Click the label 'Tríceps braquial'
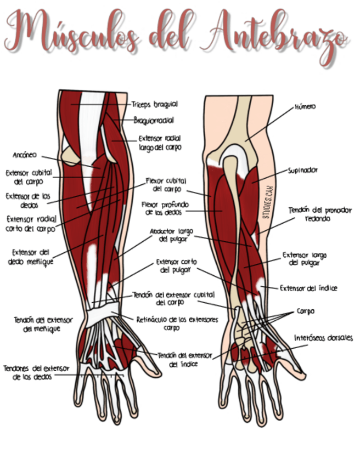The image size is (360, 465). coord(155,104)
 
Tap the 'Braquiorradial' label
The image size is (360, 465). coord(154,121)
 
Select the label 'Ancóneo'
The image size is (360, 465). coord(25,155)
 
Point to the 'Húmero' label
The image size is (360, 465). coord(305,107)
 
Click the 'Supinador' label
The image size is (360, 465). coord(303,171)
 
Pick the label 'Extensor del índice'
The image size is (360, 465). coord(308,288)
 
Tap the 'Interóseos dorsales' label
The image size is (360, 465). coord(323,338)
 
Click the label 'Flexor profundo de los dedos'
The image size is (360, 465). coord(165,208)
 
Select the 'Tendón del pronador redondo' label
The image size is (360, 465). coord(320,214)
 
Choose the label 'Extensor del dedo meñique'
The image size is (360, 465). coord(30,257)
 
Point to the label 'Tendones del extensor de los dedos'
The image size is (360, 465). coord(36,373)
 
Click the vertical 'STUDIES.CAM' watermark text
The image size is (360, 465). coord(267,202)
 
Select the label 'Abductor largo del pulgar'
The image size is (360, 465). coord(172,235)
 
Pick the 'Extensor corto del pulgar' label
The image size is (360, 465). coord(176,266)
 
